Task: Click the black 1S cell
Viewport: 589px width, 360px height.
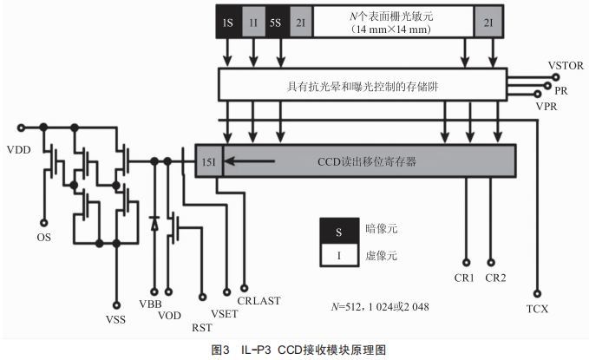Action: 228,21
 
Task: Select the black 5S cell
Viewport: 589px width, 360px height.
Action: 275,21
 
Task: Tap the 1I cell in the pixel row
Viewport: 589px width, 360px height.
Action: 252,21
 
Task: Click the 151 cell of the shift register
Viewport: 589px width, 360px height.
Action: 209,161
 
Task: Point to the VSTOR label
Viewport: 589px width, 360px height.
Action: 565,66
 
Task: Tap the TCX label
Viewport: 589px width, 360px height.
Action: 539,307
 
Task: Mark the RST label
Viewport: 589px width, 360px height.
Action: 200,327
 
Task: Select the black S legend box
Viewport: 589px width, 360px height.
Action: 337,231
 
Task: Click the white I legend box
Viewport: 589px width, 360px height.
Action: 337,256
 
